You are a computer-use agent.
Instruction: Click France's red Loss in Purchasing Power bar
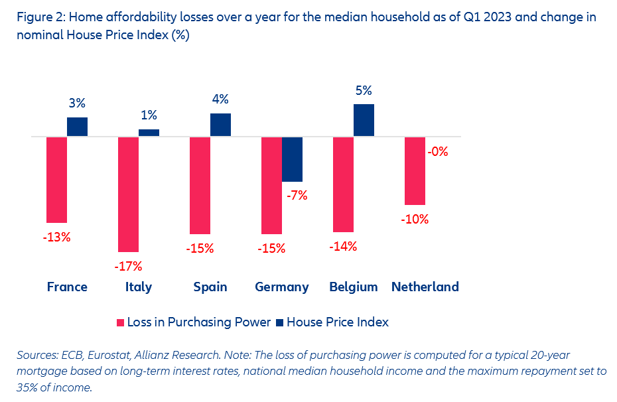point(56,179)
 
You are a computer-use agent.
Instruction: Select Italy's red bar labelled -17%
point(128,194)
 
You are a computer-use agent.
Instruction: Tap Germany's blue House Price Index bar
point(293,159)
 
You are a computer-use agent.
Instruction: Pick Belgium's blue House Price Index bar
point(364,120)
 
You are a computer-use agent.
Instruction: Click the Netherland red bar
point(415,170)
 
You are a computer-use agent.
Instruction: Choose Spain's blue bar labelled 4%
point(220,125)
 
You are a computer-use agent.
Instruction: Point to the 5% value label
point(364,91)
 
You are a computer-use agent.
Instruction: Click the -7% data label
point(297,196)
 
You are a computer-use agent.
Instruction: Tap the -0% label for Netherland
point(438,151)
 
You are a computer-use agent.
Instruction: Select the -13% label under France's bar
point(56,237)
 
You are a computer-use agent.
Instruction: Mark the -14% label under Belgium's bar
point(344,246)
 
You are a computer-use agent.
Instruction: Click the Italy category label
point(138,287)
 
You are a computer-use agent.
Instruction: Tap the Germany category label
point(282,287)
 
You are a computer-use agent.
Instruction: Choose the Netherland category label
point(425,287)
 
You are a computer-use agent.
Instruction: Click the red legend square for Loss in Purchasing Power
point(121,322)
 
